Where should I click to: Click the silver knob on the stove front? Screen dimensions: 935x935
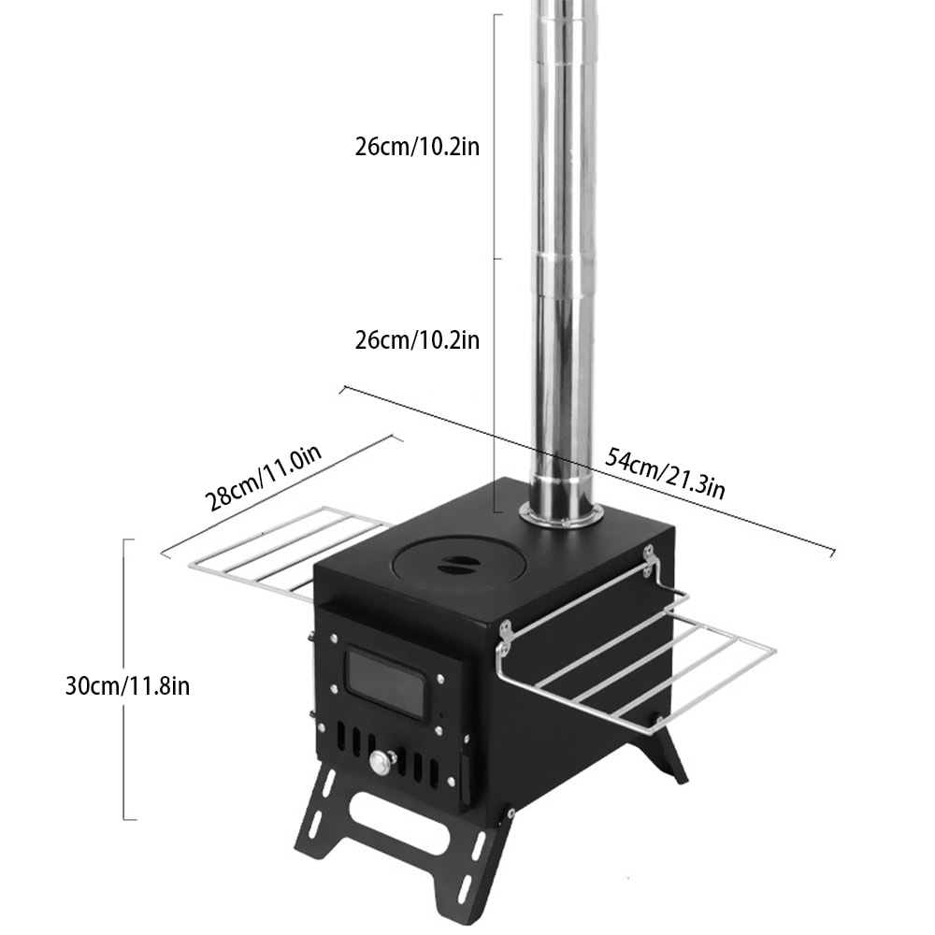(380, 763)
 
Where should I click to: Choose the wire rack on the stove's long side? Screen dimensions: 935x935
(636, 654)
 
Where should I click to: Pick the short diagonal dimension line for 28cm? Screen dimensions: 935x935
(280, 496)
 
